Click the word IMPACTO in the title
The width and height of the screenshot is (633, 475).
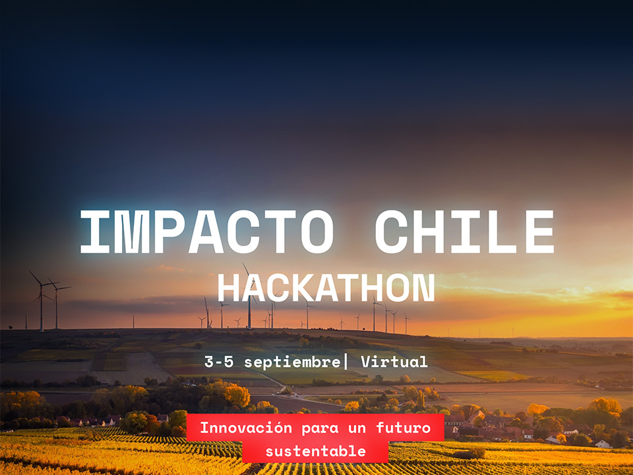(206, 232)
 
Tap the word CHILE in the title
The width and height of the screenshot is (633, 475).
(464, 232)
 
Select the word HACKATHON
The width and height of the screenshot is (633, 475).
(326, 288)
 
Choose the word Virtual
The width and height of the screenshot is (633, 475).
(394, 362)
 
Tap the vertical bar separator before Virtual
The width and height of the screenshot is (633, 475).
(346, 361)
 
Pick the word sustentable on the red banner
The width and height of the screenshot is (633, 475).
(315, 451)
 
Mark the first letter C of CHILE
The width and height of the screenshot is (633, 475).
(393, 232)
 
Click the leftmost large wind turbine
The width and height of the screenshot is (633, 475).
(41, 300)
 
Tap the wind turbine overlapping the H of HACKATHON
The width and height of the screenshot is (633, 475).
(249, 297)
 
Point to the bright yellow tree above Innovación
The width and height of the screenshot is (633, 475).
(235, 395)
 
